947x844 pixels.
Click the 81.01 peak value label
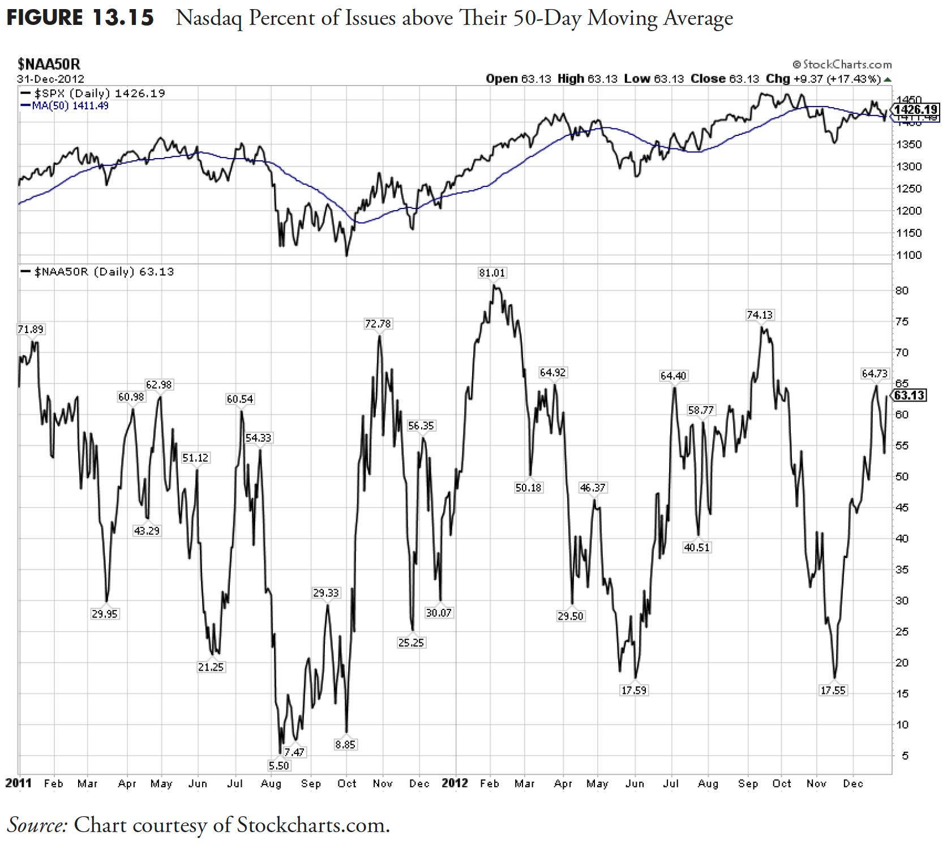pos(492,273)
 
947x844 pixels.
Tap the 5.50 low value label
pos(278,766)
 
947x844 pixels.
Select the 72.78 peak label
pos(378,324)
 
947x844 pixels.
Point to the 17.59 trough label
pos(633,690)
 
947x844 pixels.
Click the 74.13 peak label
pos(760,315)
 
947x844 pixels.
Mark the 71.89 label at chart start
pos(31,330)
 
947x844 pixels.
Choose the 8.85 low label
pos(345,745)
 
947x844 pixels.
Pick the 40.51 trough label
pos(696,548)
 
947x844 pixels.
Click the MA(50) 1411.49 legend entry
pos(65,106)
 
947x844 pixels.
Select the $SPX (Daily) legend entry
pos(93,93)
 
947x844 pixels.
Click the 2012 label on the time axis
pos(455,783)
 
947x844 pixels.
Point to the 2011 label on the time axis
pos(18,783)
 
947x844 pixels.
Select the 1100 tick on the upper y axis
pos(908,255)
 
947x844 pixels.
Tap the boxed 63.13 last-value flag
pos(910,395)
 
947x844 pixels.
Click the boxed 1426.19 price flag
pos(915,109)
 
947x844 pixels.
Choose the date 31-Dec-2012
pos(51,79)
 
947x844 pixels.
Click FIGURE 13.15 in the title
pos(80,18)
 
